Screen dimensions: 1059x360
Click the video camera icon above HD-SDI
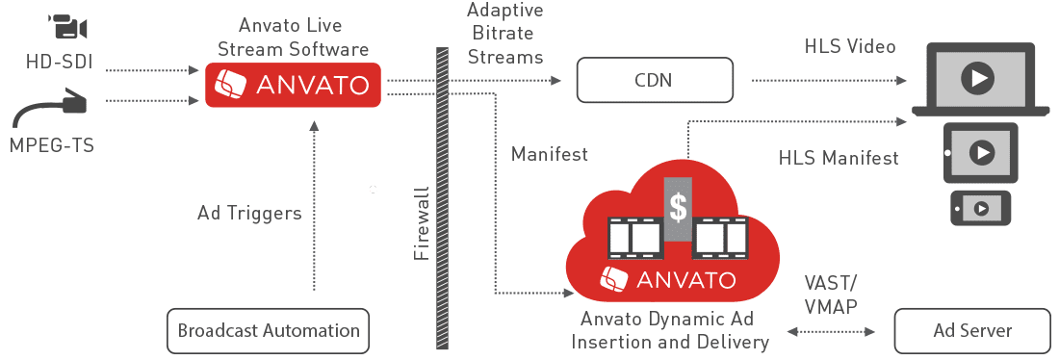(68, 28)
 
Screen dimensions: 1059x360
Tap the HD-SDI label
(59, 63)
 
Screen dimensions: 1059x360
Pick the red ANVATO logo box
(293, 85)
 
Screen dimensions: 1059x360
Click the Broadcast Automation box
(269, 331)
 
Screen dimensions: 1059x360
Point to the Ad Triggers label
(249, 213)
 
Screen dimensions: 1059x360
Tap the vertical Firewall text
(422, 222)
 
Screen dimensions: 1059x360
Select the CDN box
(655, 80)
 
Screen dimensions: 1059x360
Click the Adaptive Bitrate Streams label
(505, 33)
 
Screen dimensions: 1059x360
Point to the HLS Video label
(850, 46)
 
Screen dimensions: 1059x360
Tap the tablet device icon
(980, 153)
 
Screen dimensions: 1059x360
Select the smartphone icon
(981, 208)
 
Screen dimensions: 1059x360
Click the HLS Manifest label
(839, 158)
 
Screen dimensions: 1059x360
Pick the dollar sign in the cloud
(678, 209)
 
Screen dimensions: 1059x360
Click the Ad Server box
(972, 331)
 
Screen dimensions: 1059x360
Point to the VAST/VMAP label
(831, 295)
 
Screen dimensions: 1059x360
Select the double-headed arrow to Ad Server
(831, 332)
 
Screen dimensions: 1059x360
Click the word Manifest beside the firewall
(549, 154)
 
